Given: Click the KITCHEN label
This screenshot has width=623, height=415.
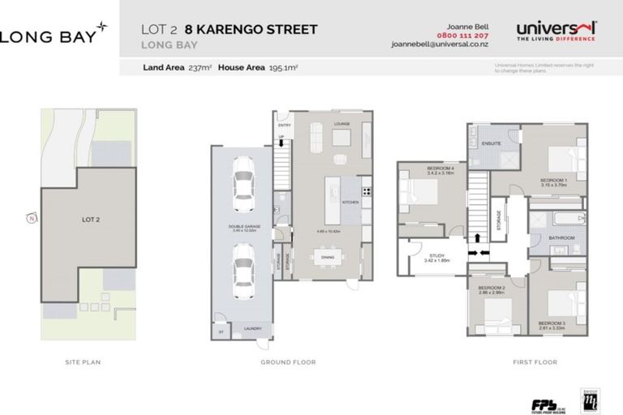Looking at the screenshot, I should [x=350, y=201].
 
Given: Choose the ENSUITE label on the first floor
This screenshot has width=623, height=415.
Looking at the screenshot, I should [x=490, y=143].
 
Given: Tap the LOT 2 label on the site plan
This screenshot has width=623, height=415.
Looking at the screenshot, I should [x=90, y=218].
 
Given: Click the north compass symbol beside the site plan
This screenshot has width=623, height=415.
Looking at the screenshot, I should [x=30, y=218].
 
